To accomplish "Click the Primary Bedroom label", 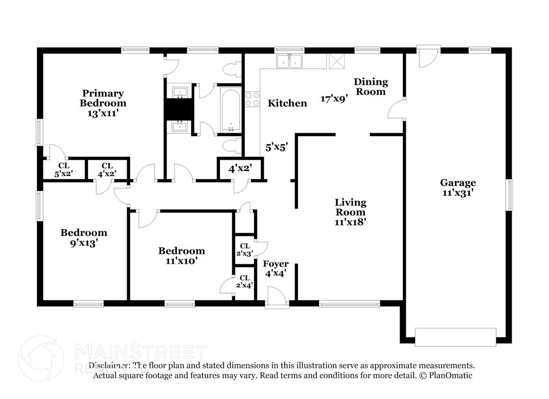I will click(103, 98).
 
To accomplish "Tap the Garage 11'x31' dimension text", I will click(458, 193).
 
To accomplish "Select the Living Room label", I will click(350, 207).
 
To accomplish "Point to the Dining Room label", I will click(371, 87).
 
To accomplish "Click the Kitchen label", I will click(288, 103).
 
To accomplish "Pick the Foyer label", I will click(276, 264).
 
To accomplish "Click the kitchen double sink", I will click(290, 61).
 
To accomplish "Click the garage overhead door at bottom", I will click(455, 336).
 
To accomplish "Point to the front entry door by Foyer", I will click(276, 299).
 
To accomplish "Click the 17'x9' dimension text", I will click(334, 99).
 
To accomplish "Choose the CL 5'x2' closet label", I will click(64, 169).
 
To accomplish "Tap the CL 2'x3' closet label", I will click(245, 249).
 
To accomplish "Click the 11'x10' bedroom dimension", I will click(181, 260).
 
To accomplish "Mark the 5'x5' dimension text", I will click(277, 147).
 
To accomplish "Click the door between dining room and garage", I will click(396, 110).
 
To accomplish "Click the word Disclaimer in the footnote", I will click(109, 365).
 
